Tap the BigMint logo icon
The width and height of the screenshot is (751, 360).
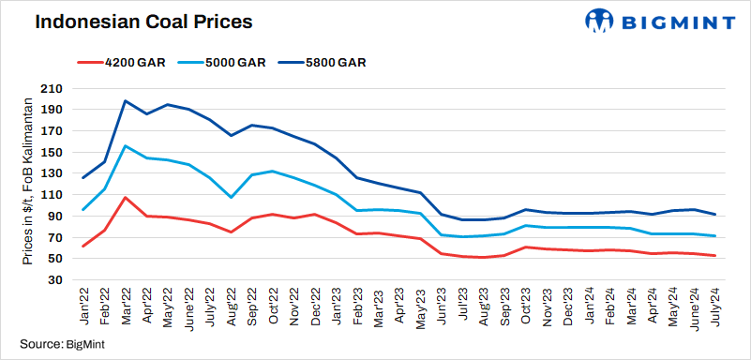click(x=600, y=21)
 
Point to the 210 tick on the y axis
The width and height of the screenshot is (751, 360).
click(x=51, y=88)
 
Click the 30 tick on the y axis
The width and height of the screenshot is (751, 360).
click(x=54, y=280)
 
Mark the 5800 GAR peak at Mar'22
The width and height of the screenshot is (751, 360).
click(x=126, y=100)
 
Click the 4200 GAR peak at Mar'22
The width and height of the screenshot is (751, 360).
click(x=126, y=198)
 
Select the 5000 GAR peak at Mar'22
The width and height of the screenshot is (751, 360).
click(x=126, y=146)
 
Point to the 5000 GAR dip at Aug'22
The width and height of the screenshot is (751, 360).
click(x=231, y=197)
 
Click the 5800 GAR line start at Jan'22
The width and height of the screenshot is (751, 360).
click(x=83, y=177)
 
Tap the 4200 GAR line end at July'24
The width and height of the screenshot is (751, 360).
click(x=714, y=256)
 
